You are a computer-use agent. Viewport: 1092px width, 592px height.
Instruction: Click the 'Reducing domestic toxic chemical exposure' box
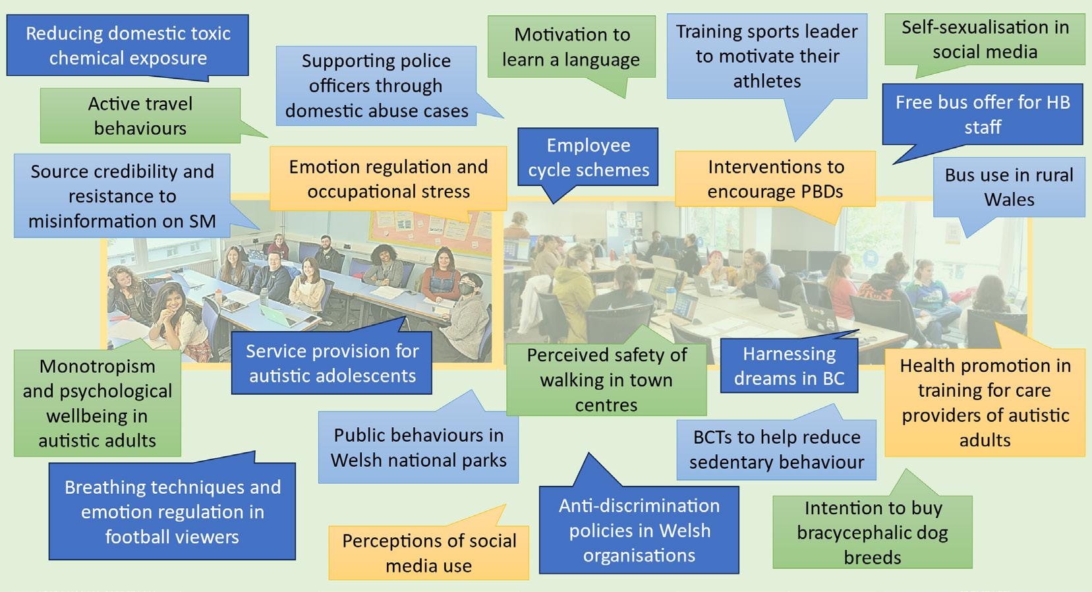(127, 45)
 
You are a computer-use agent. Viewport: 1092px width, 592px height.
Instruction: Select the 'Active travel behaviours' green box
(140, 115)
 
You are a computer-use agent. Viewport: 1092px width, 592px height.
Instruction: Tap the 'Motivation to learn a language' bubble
(571, 47)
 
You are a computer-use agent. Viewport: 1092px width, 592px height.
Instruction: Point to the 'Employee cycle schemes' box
(588, 157)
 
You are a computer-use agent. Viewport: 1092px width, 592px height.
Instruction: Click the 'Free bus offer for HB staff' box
(983, 115)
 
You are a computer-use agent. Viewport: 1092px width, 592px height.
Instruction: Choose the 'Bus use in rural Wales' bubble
(1009, 187)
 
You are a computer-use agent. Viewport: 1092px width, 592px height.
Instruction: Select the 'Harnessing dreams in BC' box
(789, 366)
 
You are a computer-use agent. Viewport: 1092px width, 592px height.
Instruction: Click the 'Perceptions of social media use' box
(428, 552)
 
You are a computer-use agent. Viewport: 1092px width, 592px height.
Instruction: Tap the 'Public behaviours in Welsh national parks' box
(418, 448)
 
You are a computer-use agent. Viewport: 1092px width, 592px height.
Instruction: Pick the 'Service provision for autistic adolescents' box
(331, 363)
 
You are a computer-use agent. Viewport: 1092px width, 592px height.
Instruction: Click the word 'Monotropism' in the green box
(97, 367)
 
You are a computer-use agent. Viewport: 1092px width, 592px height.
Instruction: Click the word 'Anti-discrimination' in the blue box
(639, 506)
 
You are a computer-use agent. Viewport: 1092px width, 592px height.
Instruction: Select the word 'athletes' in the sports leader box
(767, 81)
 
